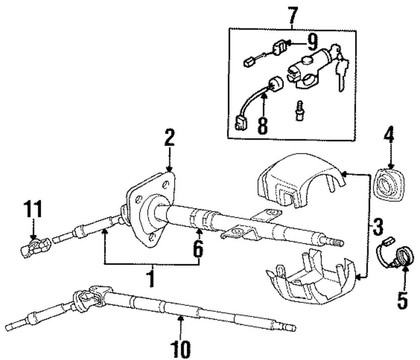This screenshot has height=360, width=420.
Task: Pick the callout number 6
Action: [197, 249]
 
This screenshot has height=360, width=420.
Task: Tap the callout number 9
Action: [312, 42]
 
